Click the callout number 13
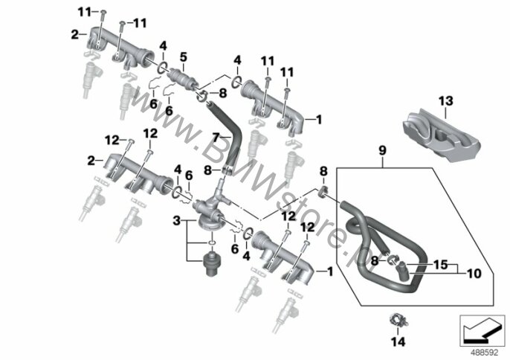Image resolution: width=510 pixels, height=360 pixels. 445,101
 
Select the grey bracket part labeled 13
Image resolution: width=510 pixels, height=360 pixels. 441,135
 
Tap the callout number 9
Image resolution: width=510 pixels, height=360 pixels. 382,151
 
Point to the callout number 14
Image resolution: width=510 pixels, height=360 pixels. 398,341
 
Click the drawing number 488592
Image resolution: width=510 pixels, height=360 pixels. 485,353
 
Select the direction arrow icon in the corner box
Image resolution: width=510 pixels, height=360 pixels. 481,330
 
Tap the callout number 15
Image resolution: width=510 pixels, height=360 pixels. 441,265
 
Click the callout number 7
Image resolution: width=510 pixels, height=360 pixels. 216,137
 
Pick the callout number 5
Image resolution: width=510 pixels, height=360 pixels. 184,57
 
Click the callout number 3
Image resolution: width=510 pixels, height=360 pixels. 176,222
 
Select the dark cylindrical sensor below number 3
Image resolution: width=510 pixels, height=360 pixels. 212,263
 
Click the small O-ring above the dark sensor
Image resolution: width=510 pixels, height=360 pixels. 211,242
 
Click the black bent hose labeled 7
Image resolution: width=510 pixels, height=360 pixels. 227,137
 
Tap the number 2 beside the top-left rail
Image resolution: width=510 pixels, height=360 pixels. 74,34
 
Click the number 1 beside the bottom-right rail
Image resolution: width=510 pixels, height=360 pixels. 330,271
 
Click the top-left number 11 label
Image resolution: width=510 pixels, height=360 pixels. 84,13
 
